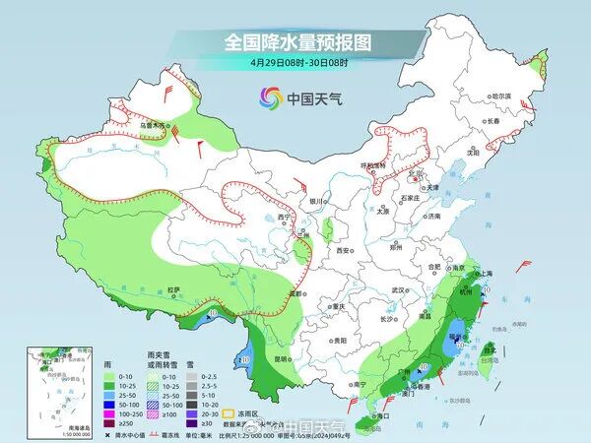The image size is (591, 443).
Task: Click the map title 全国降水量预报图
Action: pos(295,42)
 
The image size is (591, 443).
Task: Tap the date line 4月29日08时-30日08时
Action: pos(295,63)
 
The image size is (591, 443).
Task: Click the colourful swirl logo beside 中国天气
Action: pos(269,97)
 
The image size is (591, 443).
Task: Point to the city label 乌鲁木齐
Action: pos(154,125)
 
